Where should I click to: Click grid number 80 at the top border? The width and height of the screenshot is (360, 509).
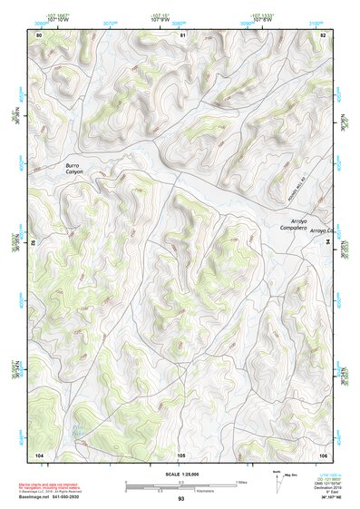39,34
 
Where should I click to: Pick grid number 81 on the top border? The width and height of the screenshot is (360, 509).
182,34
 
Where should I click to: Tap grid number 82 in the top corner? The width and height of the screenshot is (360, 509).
323,34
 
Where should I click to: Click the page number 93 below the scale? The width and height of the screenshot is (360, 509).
180,499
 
